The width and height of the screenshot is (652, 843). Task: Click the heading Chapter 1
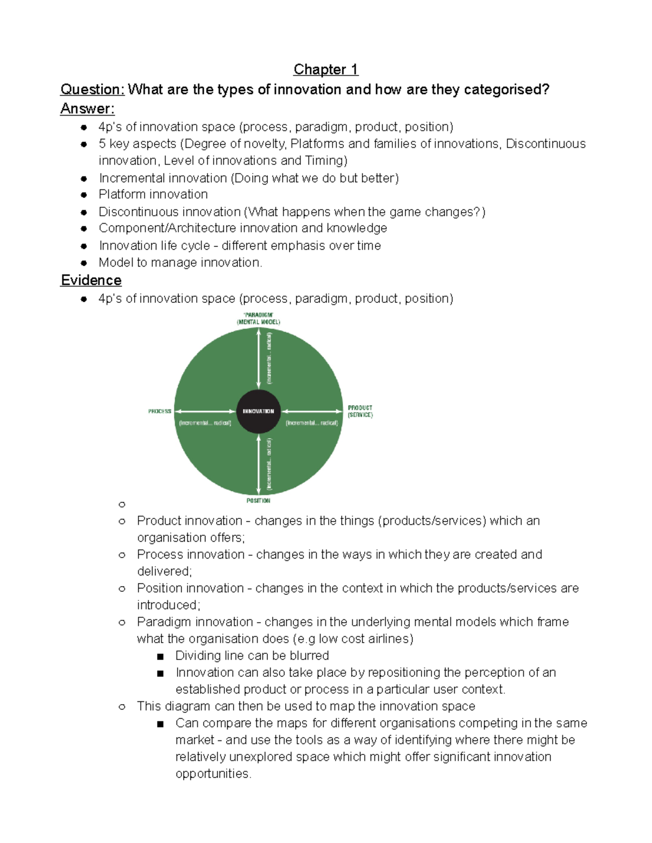(x=325, y=69)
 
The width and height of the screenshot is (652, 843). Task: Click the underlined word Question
(x=92, y=89)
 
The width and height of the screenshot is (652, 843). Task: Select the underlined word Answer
(x=87, y=109)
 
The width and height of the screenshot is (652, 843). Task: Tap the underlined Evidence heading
(x=91, y=280)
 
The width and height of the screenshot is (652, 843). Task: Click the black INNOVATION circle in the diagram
(x=259, y=411)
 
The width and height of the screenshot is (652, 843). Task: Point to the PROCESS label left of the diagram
(x=160, y=411)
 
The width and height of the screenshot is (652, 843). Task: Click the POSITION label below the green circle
(x=258, y=500)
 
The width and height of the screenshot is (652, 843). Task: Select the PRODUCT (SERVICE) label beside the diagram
(x=360, y=411)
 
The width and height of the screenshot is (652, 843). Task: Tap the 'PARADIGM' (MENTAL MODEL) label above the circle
(x=259, y=318)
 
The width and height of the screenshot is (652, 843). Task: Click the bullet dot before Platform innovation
(x=83, y=194)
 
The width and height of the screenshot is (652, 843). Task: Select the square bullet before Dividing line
(x=160, y=656)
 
